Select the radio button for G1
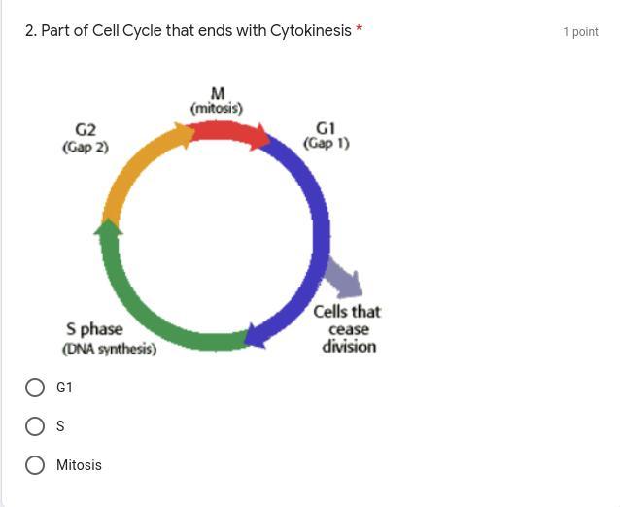(x=35, y=388)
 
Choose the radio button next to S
(x=35, y=426)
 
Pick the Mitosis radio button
(x=35, y=465)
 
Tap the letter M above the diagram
(x=218, y=94)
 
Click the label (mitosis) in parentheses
(x=217, y=108)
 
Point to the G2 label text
(x=86, y=129)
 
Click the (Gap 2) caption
(x=86, y=147)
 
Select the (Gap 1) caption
(x=327, y=143)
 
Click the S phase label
(x=94, y=329)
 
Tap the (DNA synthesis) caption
(x=110, y=349)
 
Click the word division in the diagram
(x=349, y=346)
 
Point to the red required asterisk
(x=359, y=29)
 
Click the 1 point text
(x=581, y=32)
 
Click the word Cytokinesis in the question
(x=311, y=30)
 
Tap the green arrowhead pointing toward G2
(x=108, y=227)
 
